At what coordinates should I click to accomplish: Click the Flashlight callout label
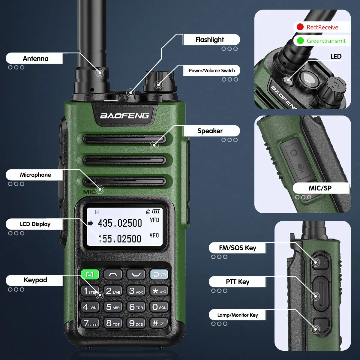(210, 40)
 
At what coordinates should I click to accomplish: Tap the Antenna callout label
(35, 58)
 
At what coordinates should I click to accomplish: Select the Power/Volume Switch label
(211, 70)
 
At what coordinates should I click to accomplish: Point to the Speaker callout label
(210, 131)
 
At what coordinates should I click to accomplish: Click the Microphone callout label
(35, 175)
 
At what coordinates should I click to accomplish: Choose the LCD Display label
(35, 224)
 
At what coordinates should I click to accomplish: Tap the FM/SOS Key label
(237, 248)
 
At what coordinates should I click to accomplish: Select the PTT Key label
(237, 282)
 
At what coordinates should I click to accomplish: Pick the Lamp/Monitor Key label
(237, 315)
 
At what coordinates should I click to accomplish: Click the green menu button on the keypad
(90, 274)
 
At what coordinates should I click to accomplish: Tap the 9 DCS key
(136, 323)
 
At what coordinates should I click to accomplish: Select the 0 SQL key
(159, 307)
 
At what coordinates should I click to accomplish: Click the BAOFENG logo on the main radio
(124, 116)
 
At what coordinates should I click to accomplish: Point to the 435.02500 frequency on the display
(120, 223)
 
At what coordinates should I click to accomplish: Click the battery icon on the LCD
(156, 212)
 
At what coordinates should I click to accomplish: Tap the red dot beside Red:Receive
(300, 27)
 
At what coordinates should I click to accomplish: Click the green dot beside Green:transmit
(300, 40)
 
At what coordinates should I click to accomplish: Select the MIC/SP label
(320, 188)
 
